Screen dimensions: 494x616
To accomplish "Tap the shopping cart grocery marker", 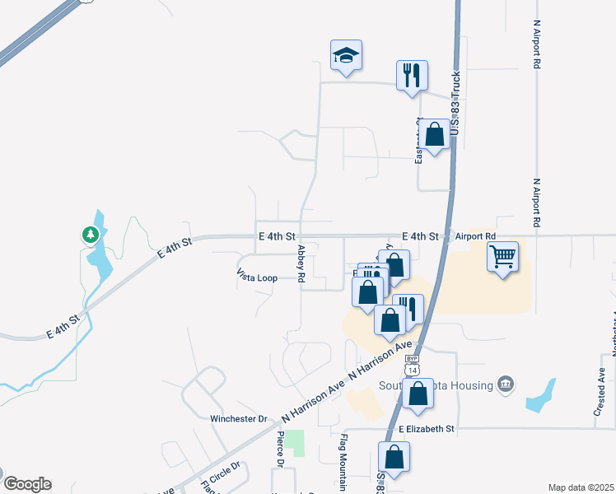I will click(x=502, y=257).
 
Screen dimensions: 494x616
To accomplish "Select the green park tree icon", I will click(x=90, y=235).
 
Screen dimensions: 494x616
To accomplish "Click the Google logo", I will click(x=26, y=484).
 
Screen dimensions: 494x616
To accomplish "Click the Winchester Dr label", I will click(x=239, y=418).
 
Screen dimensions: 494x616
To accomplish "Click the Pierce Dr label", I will click(x=281, y=449).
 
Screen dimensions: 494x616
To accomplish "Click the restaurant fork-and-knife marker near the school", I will click(x=412, y=76).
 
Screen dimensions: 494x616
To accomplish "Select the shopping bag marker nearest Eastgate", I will click(x=436, y=133).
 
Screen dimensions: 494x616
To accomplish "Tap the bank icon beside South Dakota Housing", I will click(x=506, y=384).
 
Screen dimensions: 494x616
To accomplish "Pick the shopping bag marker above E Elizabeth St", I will click(x=418, y=394).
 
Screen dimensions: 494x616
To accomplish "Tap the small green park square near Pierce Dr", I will click(x=296, y=442).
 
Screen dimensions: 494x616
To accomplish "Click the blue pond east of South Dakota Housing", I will click(x=541, y=396).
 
